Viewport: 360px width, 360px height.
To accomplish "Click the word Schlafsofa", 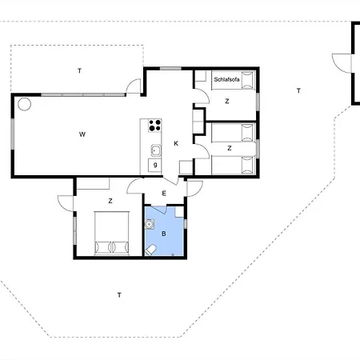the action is (x=226, y=79).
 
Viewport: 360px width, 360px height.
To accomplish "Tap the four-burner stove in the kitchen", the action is (x=155, y=126).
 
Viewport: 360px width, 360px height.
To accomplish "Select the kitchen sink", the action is (x=156, y=150).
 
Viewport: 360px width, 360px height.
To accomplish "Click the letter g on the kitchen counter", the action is (x=155, y=165).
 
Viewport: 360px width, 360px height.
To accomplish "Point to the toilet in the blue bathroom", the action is (x=150, y=250).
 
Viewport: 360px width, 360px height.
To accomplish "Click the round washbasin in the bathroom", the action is (x=149, y=224).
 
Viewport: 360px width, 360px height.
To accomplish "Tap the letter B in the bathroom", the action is (x=164, y=234).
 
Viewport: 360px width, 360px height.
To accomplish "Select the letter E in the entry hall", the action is (x=164, y=194).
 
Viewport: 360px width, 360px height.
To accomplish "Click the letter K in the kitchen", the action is (x=176, y=143).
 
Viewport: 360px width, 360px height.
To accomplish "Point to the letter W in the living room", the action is (x=82, y=134).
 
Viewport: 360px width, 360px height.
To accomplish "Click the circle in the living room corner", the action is (x=24, y=104).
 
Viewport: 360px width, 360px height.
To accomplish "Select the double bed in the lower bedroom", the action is (x=112, y=234).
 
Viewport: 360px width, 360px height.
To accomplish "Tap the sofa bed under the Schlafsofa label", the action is (x=234, y=80).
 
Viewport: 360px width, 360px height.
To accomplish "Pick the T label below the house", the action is (x=119, y=295).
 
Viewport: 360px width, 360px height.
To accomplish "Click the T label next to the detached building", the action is (x=298, y=91).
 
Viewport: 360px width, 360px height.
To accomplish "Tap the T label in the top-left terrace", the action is (x=79, y=70).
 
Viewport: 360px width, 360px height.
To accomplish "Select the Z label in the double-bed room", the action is (x=110, y=201).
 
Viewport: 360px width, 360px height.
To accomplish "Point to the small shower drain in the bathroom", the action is (x=173, y=255).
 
